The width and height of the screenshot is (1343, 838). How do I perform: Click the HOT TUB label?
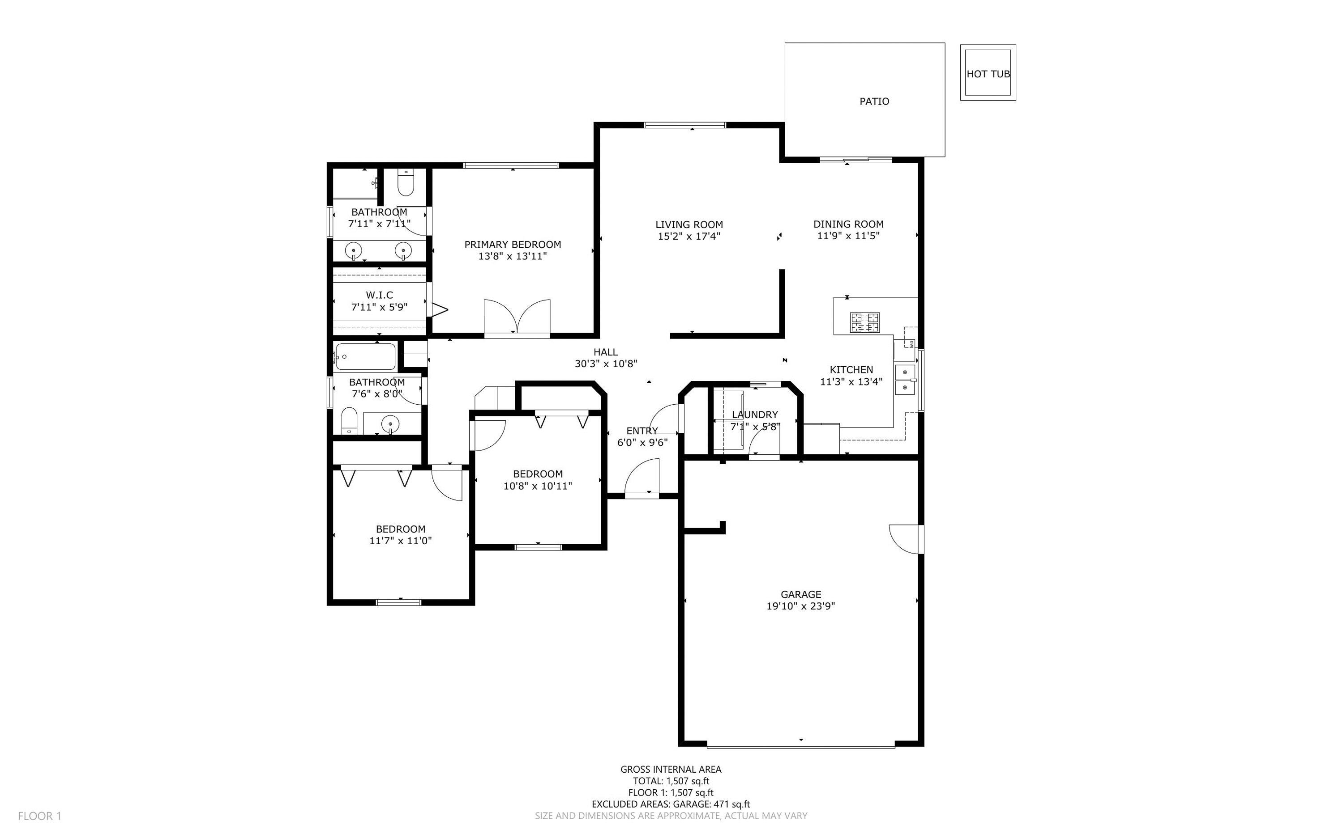point(988,74)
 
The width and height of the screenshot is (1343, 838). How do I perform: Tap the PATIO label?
point(874,102)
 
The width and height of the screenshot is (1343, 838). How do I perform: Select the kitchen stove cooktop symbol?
point(865,322)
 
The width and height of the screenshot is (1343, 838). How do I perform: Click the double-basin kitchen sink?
point(905,380)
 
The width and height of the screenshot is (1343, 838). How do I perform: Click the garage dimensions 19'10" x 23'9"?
point(800,606)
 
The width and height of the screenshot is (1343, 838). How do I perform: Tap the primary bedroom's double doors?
point(517,317)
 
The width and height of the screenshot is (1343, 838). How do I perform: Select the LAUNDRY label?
point(754,415)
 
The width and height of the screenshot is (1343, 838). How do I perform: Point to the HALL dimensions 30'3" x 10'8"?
point(606,364)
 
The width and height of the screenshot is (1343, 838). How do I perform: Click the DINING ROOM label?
point(848,224)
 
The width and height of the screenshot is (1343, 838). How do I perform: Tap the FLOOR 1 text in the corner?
point(39,816)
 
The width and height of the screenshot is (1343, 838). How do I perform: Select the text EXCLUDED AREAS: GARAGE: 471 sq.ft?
point(670,804)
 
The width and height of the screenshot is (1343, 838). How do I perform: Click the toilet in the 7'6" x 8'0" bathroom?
point(349,421)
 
